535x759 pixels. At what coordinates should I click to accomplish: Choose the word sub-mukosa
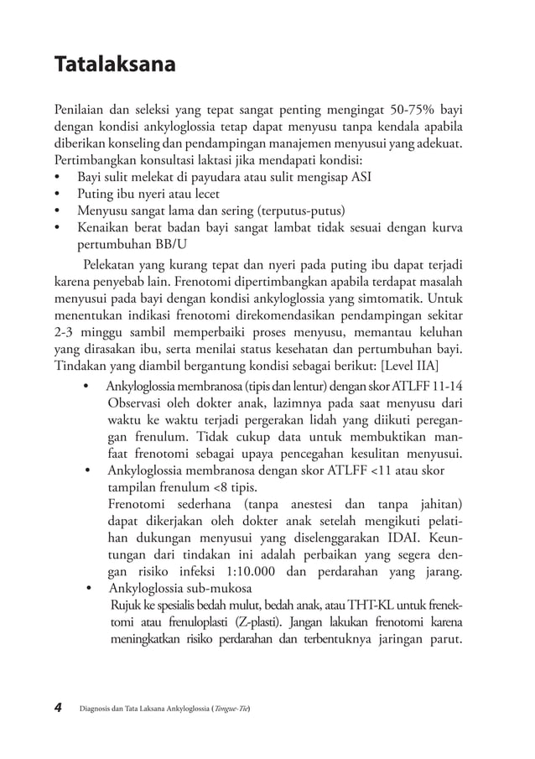[x=224, y=589]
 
